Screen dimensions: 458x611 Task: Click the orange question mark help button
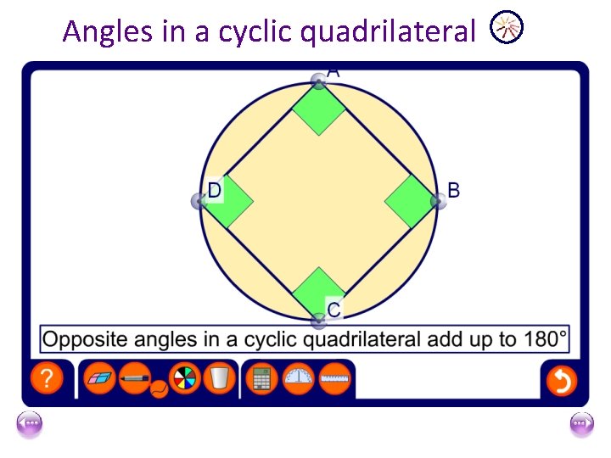[47, 379]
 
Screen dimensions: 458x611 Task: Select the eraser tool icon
[101, 378]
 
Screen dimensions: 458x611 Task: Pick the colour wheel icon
[185, 378]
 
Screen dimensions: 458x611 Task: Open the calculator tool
[261, 379]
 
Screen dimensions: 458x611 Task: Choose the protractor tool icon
[298, 378]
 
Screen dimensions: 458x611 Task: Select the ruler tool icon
[336, 378]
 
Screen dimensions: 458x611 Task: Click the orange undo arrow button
[561, 380]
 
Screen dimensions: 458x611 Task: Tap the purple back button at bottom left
[29, 423]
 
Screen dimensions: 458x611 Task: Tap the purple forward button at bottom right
[582, 423]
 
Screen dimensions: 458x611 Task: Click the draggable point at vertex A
[318, 81]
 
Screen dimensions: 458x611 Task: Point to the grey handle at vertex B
[438, 201]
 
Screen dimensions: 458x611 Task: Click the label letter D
[215, 191]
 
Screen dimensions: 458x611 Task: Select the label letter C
[334, 310]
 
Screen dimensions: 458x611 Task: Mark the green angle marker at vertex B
[410, 201]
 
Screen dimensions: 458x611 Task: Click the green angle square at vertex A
[318, 109]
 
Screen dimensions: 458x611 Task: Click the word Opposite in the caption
[79, 340]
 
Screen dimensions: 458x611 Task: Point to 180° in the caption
[540, 339]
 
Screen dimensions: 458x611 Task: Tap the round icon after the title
[507, 29]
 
